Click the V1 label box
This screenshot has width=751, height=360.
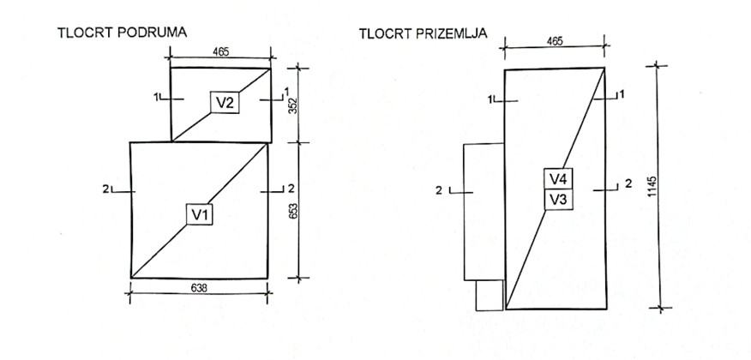pyautogui.click(x=199, y=213)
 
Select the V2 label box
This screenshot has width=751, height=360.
pyautogui.click(x=225, y=102)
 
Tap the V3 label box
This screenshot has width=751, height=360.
pyautogui.click(x=558, y=200)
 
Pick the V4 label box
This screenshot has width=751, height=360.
pyautogui.click(x=558, y=179)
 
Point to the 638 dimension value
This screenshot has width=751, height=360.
pyautogui.click(x=198, y=287)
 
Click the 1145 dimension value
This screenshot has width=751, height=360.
pyautogui.click(x=652, y=187)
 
